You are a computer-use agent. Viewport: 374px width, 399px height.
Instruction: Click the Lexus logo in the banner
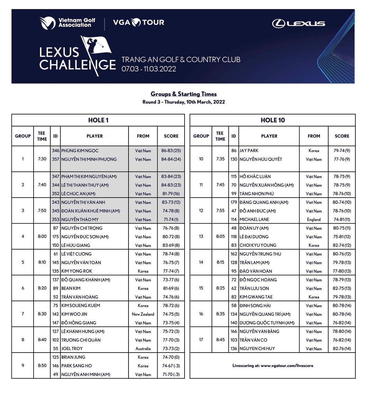click(298, 24)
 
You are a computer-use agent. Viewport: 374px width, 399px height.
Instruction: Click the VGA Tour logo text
click(139, 23)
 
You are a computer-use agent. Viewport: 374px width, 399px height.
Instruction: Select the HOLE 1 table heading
click(98, 120)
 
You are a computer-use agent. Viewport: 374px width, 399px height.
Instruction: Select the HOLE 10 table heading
click(273, 120)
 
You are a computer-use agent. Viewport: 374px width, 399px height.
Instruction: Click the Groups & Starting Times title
click(184, 94)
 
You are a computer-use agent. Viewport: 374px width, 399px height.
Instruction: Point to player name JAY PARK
click(249, 151)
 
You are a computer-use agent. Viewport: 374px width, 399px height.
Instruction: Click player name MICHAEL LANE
click(254, 219)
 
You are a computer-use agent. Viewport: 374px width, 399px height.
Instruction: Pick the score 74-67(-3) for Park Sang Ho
click(171, 366)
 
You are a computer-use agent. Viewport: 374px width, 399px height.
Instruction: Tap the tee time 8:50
click(42, 366)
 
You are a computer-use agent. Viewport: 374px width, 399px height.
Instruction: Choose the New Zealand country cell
click(143, 314)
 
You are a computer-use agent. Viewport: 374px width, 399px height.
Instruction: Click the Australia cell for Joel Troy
click(143, 349)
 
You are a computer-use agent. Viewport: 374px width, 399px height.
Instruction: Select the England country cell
click(314, 219)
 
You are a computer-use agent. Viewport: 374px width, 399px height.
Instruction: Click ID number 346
click(55, 151)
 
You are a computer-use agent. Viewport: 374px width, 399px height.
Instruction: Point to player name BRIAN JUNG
click(73, 357)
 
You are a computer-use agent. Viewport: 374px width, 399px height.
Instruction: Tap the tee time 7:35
click(220, 159)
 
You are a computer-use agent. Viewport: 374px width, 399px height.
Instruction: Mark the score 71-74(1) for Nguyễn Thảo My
click(171, 219)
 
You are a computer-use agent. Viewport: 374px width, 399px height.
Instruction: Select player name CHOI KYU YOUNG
click(258, 245)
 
